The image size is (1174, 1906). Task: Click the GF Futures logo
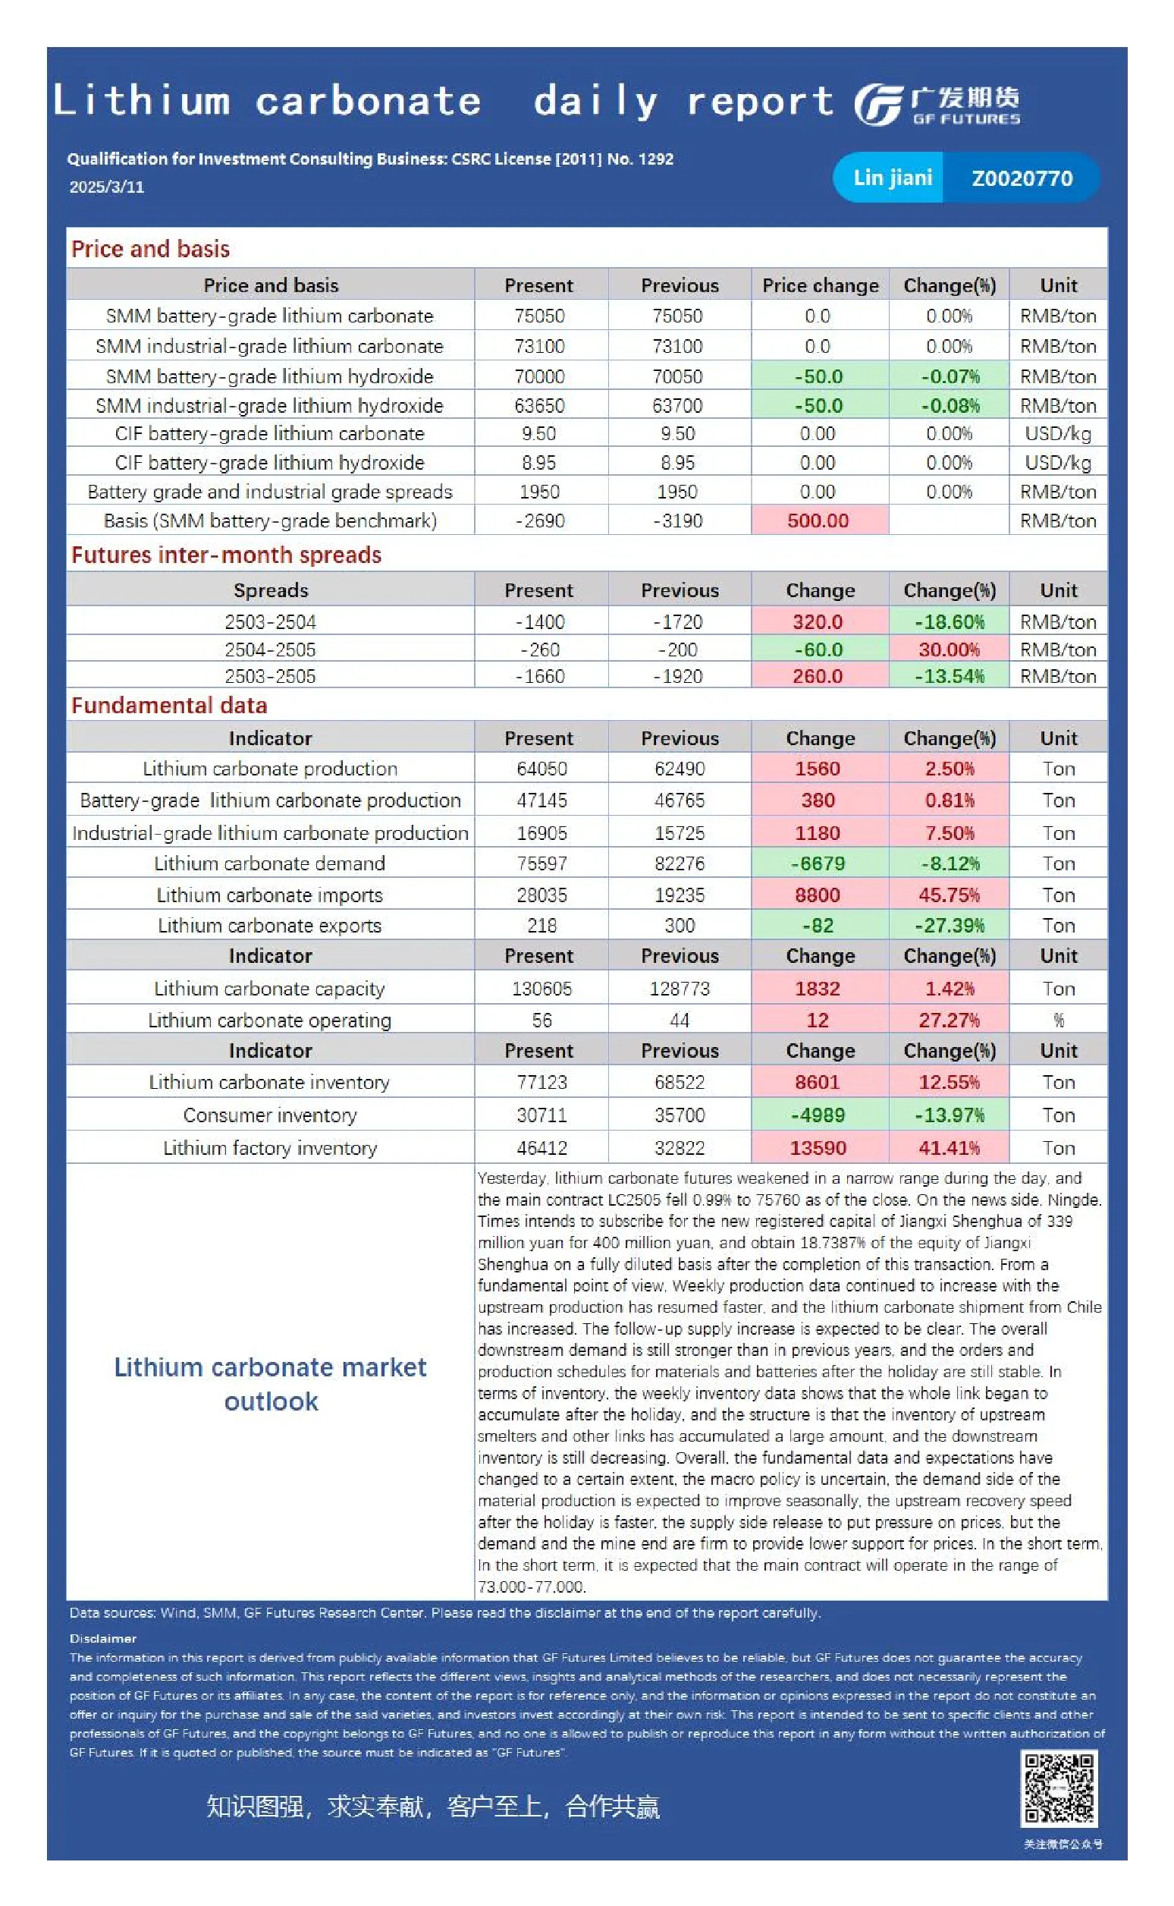(937, 104)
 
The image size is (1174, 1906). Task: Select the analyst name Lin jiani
(893, 178)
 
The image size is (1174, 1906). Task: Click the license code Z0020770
(1022, 178)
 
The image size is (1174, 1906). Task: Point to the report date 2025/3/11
(106, 187)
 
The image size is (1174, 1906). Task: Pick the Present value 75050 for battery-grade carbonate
(540, 316)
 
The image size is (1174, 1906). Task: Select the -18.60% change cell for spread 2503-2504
(949, 621)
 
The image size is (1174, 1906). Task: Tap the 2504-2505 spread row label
(270, 649)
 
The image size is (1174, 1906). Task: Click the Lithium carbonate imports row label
(269, 895)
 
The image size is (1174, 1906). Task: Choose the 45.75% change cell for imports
(949, 895)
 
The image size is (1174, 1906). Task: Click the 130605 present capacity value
(542, 988)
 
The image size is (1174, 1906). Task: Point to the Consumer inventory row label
(270, 1115)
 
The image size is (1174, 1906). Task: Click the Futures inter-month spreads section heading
(226, 555)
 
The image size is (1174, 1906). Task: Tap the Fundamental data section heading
(169, 705)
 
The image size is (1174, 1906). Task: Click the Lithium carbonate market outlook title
(270, 1384)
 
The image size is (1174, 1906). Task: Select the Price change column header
(821, 285)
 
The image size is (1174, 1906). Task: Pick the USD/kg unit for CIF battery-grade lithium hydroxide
(1058, 463)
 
